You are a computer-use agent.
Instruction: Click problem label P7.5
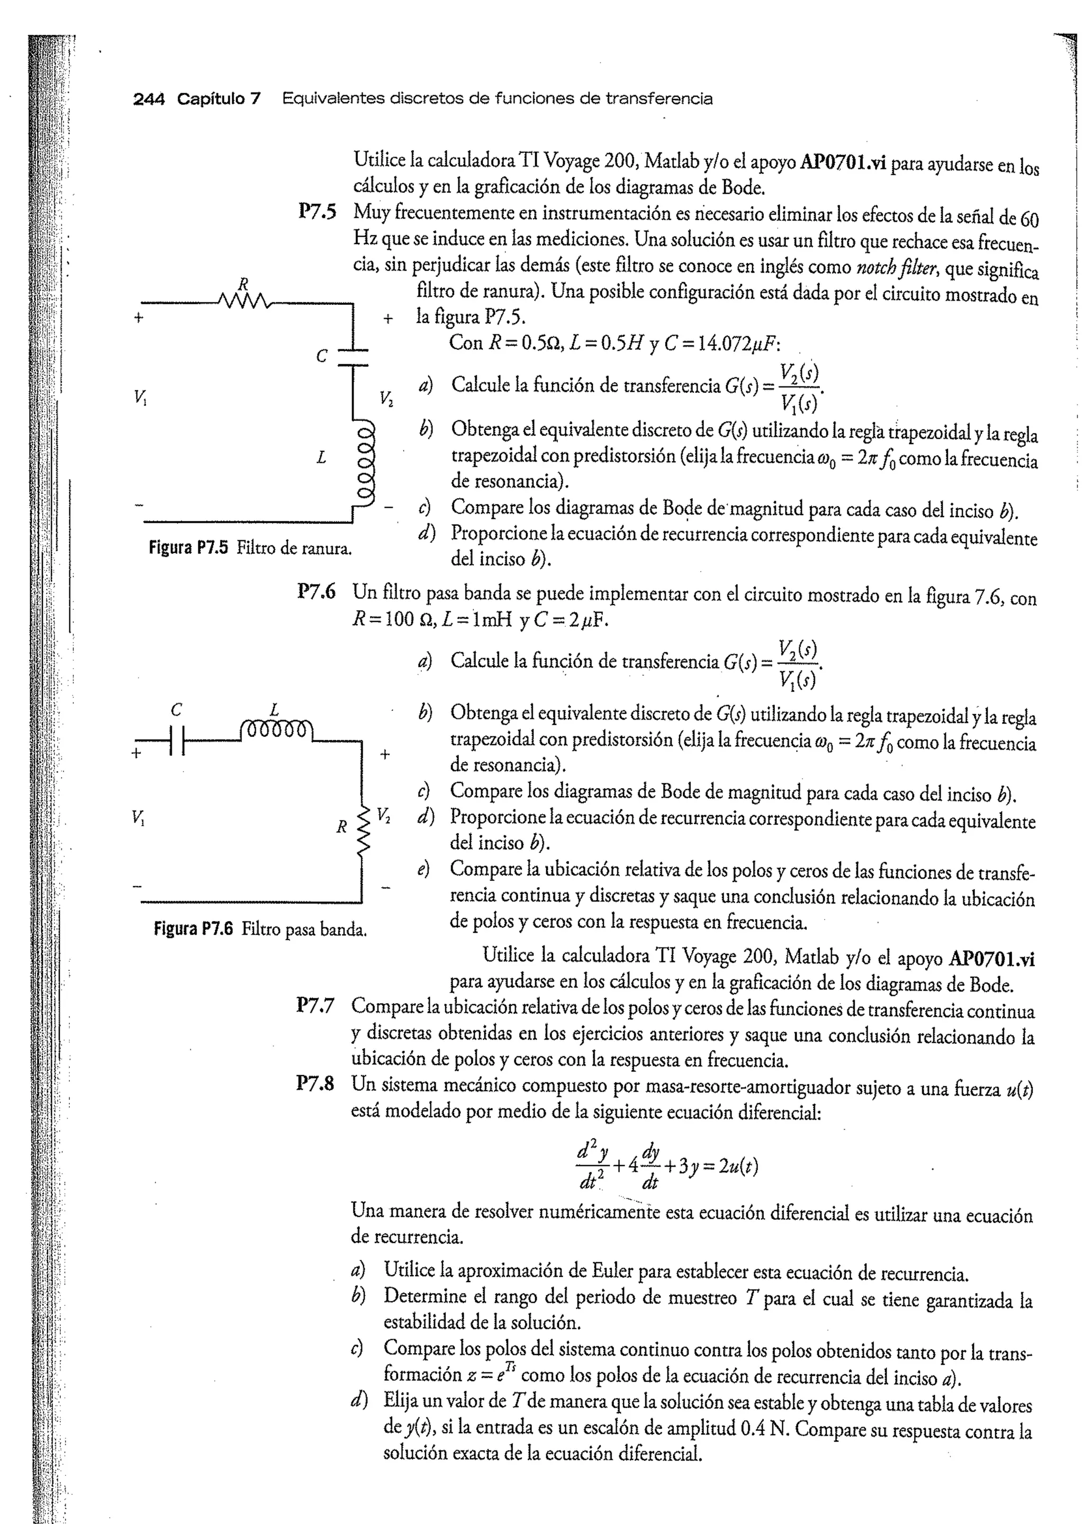317,212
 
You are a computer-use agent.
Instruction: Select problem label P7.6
317,591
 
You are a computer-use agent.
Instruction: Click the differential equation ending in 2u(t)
667,1166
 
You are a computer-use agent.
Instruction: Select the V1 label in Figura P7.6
138,816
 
